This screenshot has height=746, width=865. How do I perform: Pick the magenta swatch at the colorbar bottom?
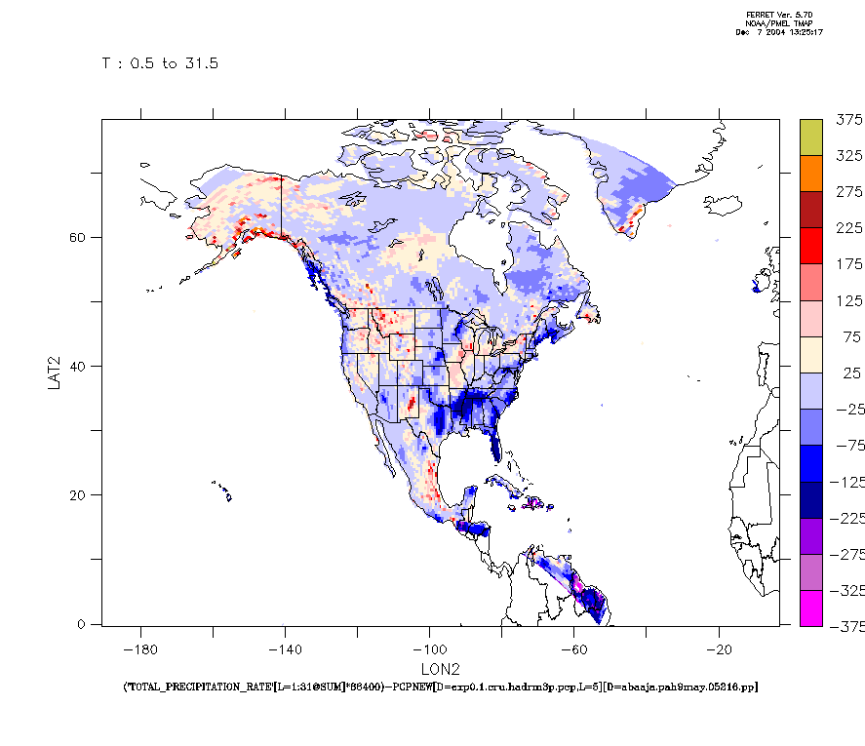(810, 609)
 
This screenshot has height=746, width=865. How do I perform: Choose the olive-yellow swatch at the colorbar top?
(810, 137)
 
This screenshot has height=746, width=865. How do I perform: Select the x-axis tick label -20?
(719, 648)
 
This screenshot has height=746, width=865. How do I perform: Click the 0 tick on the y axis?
(85, 624)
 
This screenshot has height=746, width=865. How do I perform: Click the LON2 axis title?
(440, 670)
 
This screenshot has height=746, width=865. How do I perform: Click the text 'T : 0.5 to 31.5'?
(160, 63)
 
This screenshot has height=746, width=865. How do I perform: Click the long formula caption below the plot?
(440, 687)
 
